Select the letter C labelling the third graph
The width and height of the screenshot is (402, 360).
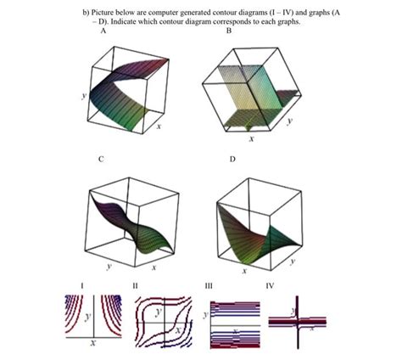click(x=101, y=158)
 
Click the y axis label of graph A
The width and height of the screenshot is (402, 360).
click(x=83, y=96)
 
